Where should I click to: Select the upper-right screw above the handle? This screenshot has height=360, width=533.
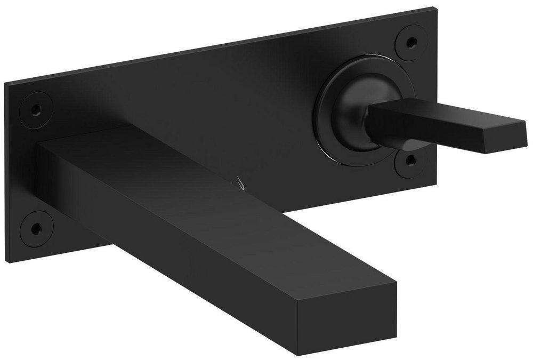pos(411,42)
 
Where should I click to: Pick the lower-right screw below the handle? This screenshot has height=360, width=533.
pos(410,159)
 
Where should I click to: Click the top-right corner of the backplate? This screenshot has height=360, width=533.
pos(435,9)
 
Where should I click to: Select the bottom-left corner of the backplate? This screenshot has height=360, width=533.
pos(6,261)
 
